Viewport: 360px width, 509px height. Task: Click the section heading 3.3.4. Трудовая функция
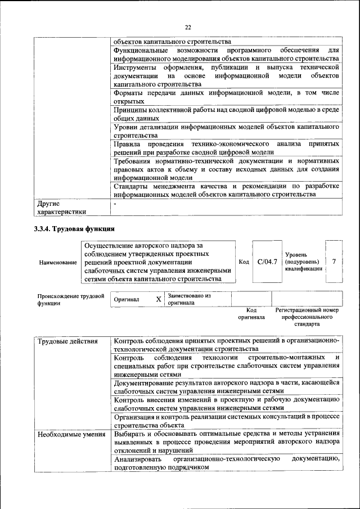(x=74, y=229)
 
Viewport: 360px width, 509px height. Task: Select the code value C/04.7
(x=267, y=262)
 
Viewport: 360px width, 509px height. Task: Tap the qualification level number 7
(x=334, y=262)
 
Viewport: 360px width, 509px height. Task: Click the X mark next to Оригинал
(x=159, y=299)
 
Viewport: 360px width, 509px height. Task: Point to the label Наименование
(x=57, y=262)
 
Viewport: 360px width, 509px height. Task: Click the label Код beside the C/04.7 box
(x=244, y=262)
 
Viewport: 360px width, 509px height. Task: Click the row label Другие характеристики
(x=61, y=208)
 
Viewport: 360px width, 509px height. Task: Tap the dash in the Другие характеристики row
(x=115, y=204)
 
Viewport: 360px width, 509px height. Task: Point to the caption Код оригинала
(x=251, y=313)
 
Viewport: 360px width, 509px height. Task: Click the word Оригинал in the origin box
(x=126, y=300)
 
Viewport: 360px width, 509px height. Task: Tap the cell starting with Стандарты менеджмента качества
(x=226, y=190)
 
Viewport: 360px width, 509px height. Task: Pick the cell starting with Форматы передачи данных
(x=226, y=96)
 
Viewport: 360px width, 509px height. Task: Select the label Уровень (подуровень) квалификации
(x=303, y=262)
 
